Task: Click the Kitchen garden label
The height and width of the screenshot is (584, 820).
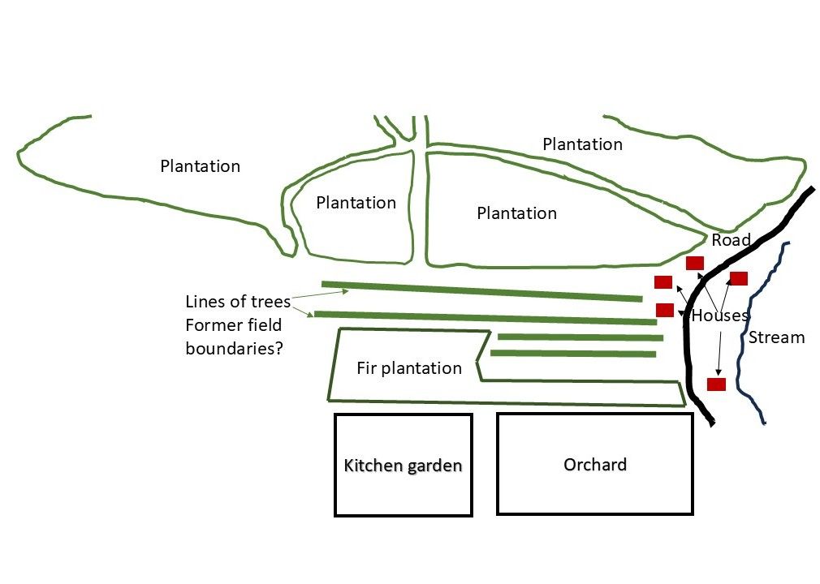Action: point(404,466)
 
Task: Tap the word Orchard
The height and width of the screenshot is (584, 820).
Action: point(595,465)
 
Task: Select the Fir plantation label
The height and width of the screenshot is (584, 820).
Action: point(409,368)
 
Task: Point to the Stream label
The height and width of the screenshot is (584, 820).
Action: point(777,337)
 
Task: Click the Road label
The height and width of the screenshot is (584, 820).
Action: point(731,240)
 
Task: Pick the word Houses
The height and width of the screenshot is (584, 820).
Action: point(719,316)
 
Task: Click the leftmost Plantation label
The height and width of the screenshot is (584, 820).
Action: point(201,166)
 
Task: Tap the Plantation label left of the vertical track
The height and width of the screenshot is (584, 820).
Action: point(356,203)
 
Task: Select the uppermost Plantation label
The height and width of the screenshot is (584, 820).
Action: point(582,144)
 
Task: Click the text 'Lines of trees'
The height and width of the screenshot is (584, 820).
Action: point(238,302)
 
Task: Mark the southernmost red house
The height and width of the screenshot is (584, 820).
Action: point(716,384)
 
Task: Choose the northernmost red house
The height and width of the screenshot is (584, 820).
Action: point(695,263)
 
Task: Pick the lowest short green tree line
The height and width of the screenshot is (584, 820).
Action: point(573,353)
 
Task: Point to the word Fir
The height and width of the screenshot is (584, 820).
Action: point(367,368)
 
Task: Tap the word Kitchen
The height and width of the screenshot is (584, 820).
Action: point(370,466)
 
